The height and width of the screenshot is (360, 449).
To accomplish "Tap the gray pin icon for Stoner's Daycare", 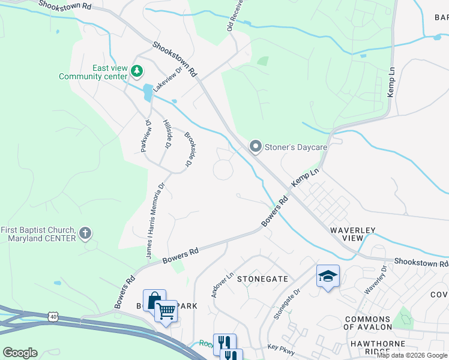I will (256, 146).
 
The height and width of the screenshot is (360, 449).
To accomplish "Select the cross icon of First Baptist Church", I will (86, 233).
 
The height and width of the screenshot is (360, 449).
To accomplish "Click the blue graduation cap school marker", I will (328, 276).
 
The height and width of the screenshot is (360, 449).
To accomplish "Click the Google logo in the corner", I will (20, 352).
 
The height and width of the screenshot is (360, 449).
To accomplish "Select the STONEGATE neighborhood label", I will (262, 279).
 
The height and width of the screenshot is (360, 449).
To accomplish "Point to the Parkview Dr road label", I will (145, 134).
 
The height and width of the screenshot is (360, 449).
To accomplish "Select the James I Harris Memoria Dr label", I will (154, 222).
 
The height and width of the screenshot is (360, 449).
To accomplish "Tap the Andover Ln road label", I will (221, 285).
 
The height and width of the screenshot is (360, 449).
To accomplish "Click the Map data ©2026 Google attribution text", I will (412, 355).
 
